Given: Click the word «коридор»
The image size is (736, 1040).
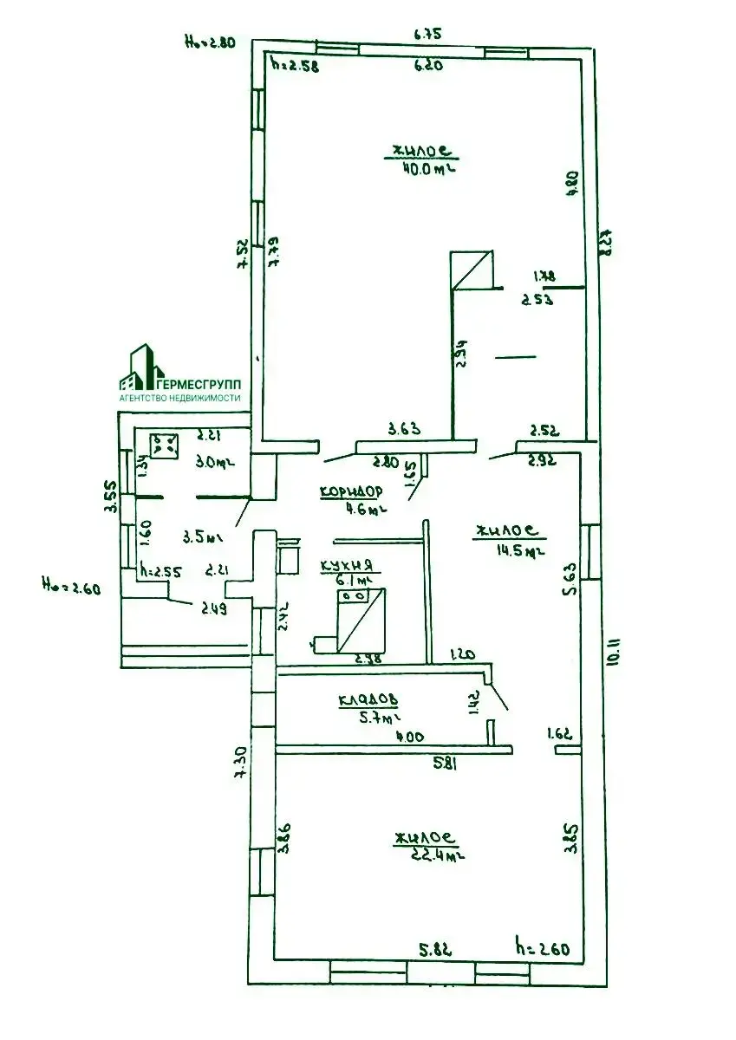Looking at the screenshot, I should point(351,491).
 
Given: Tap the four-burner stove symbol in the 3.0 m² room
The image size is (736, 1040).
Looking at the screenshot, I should point(163,445).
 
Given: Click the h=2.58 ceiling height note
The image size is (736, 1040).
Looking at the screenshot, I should point(294,64).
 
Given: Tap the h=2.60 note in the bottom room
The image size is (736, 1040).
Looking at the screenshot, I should point(542,949).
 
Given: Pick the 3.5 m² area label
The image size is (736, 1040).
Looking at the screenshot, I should point(199,537).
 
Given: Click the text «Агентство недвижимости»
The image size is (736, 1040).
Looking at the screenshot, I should point(180,397).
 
